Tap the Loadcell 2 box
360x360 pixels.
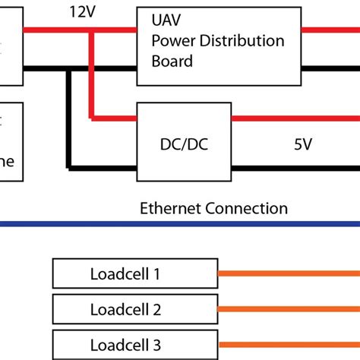coord(135,309)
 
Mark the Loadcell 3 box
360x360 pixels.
coord(135,343)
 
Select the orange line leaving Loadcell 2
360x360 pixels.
coord(289,309)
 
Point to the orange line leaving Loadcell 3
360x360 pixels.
coord(289,343)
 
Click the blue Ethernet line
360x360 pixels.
coord(180,224)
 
